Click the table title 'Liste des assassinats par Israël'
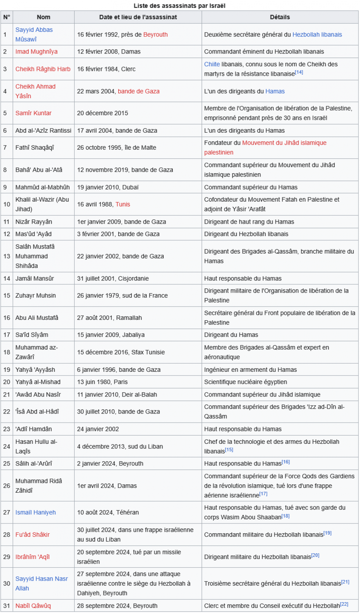click(x=180, y=6)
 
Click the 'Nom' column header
click(x=44, y=17)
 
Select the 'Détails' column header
click(x=280, y=17)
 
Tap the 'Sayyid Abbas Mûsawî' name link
click(x=34, y=30)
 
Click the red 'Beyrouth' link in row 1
click(x=155, y=34)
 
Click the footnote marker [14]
click(x=299, y=72)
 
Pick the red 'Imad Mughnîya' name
click(x=36, y=52)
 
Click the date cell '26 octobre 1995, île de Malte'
click(x=116, y=148)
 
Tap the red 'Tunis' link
click(x=123, y=204)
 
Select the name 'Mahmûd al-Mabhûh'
click(x=42, y=187)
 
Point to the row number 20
click(x=7, y=382)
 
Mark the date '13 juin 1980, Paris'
click(x=102, y=382)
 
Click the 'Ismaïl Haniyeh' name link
click(x=36, y=512)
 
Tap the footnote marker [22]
click(x=344, y=604)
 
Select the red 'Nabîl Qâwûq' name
click(x=33, y=606)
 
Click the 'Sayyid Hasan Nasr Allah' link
click(x=41, y=579)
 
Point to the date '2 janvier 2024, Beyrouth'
click(x=110, y=464)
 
